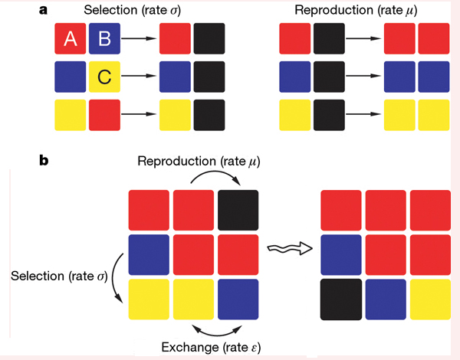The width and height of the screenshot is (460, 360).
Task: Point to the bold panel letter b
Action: click(x=44, y=162)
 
